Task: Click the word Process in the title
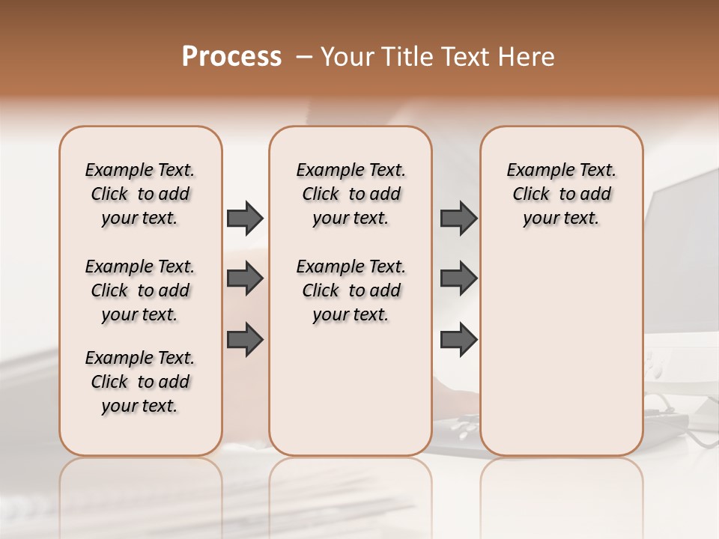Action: pyautogui.click(x=231, y=57)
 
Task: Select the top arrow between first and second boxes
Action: pyautogui.click(x=245, y=218)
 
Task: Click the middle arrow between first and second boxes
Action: pyautogui.click(x=245, y=278)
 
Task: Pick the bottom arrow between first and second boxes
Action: pyautogui.click(x=245, y=338)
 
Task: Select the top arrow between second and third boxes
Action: pyautogui.click(x=458, y=218)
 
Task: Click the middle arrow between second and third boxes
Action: pyautogui.click(x=458, y=278)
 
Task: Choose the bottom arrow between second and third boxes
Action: pyautogui.click(x=458, y=339)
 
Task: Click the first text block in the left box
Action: pyautogui.click(x=140, y=194)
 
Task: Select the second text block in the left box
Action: pyautogui.click(x=140, y=290)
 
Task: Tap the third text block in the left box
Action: pyautogui.click(x=140, y=382)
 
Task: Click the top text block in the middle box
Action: pyautogui.click(x=351, y=194)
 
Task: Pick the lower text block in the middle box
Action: pyautogui.click(x=351, y=290)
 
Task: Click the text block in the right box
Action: pyautogui.click(x=561, y=194)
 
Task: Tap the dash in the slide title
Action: pyautogui.click(x=305, y=57)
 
